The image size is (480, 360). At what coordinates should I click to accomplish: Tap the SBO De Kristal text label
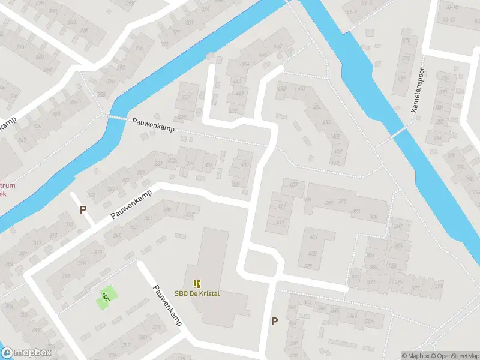tap(197, 293)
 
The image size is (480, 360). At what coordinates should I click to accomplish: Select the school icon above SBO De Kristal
tap(197, 283)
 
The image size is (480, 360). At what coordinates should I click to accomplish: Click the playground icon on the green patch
tap(106, 295)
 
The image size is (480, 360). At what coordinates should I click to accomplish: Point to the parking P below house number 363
tap(274, 321)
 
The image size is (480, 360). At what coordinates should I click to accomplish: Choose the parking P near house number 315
tap(83, 209)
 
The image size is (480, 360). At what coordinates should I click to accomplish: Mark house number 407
tap(293, 184)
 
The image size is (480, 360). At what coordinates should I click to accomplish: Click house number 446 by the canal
tap(277, 47)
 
